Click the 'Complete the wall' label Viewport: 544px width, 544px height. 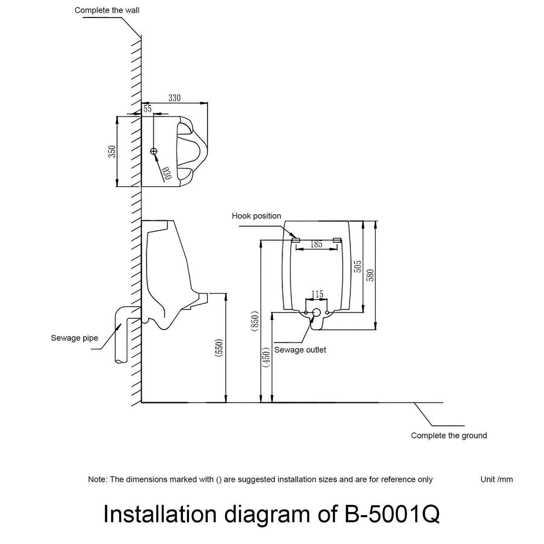click(x=107, y=10)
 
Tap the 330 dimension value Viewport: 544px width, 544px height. click(x=174, y=98)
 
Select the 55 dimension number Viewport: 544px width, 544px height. click(x=147, y=109)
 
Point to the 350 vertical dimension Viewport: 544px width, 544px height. click(x=112, y=151)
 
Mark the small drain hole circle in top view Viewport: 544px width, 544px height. click(x=154, y=151)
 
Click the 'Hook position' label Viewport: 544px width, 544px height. click(x=256, y=216)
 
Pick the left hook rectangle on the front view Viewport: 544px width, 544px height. click(x=296, y=240)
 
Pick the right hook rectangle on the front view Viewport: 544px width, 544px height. click(x=337, y=240)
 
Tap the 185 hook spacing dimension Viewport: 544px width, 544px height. click(x=316, y=244)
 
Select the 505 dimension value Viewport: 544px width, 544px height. click(x=358, y=266)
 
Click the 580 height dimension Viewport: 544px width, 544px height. click(x=370, y=275)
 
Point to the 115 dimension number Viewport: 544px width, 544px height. click(x=317, y=294)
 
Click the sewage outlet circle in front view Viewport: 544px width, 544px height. click(x=317, y=312)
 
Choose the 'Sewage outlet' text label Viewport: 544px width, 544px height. click(x=300, y=350)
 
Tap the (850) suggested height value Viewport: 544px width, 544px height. click(x=255, y=321)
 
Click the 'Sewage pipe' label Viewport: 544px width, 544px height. click(x=75, y=338)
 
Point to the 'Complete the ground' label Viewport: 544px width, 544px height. click(x=449, y=436)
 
